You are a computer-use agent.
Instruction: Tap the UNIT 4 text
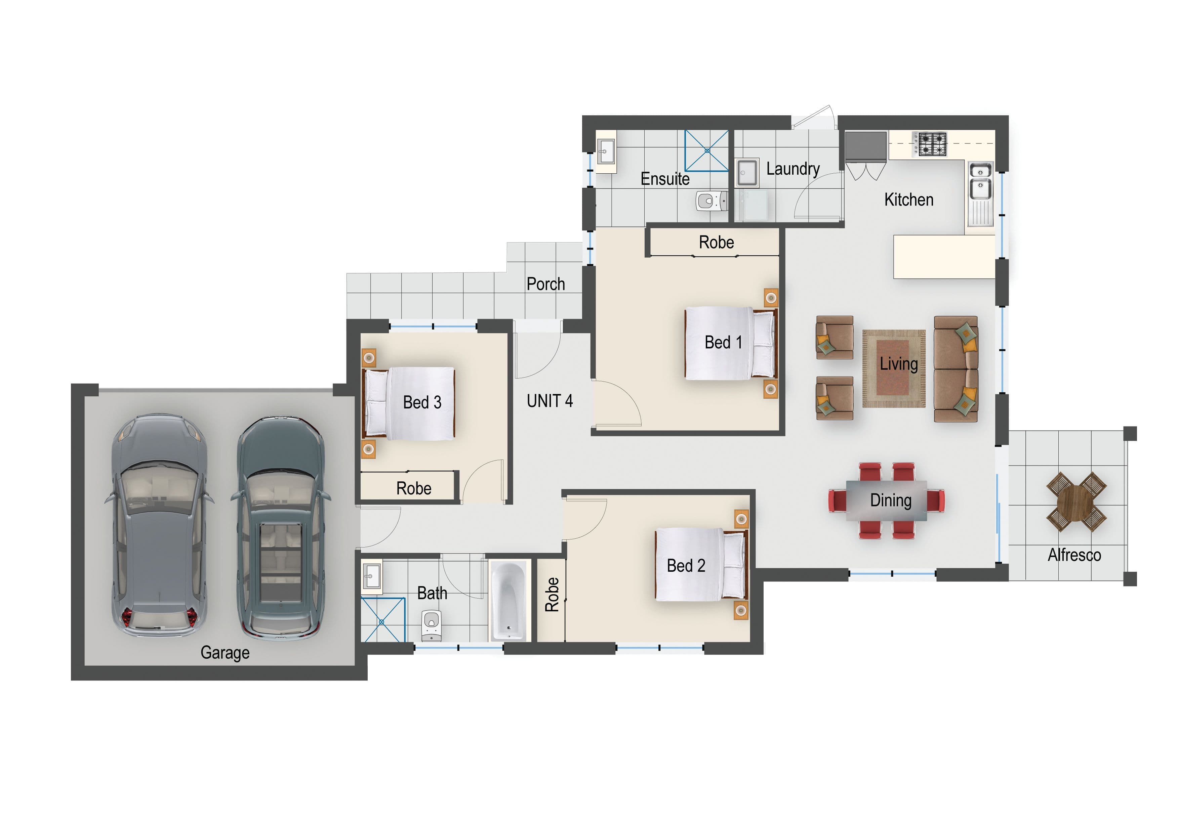pos(550,401)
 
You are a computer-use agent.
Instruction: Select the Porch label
pos(546,284)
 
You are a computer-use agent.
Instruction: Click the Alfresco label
pos(1074,555)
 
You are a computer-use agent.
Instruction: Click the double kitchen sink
pos(980,181)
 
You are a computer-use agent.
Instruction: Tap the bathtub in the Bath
pos(508,601)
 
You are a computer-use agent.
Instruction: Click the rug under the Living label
pos(894,368)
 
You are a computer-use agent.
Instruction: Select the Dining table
pos(886,500)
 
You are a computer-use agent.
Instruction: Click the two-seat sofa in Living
pos(956,369)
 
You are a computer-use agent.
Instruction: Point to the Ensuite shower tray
pos(706,150)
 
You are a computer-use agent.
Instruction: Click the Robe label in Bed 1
pos(716,242)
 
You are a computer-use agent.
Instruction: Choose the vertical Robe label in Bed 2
pos(552,594)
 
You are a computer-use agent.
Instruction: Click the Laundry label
pos(793,169)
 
